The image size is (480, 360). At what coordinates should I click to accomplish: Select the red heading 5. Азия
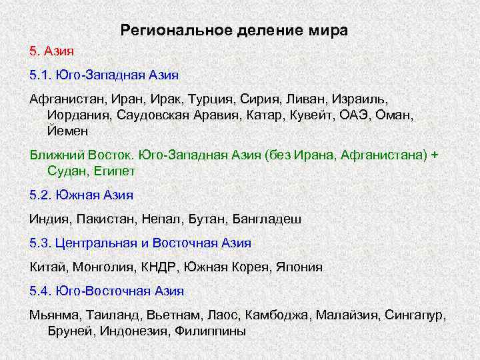pos(51,51)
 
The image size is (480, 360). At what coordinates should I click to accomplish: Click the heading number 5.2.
pos(41,195)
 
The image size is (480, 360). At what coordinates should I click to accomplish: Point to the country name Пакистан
pos(103,219)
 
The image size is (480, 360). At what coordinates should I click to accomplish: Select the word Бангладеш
pos(267,219)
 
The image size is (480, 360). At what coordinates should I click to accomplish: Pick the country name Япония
pos(299,267)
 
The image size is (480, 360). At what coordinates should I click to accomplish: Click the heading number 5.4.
pos(41,291)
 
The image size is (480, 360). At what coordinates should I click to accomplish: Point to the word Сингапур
pos(417,315)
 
